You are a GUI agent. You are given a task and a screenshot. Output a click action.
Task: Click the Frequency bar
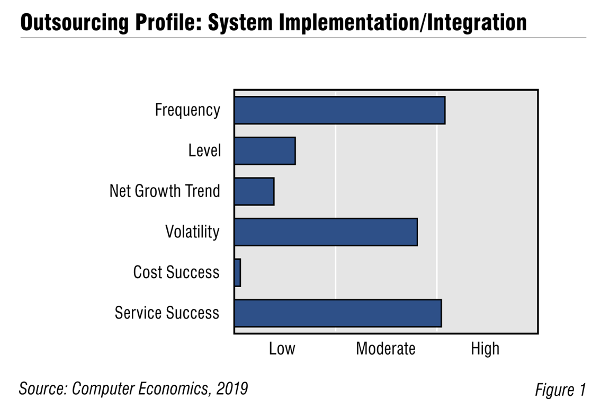(339, 110)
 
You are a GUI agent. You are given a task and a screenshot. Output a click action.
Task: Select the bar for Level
(265, 151)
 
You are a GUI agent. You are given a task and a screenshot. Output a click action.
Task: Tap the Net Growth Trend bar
(254, 191)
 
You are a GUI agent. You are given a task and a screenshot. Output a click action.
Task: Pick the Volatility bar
(326, 232)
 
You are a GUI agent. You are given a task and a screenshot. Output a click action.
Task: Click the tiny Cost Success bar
(238, 272)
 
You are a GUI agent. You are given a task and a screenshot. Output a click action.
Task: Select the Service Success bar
(338, 313)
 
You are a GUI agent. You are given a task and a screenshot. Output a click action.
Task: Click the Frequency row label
(187, 110)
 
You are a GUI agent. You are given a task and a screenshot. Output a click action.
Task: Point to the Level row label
(204, 151)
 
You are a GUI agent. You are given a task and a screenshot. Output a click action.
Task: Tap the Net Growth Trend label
(165, 191)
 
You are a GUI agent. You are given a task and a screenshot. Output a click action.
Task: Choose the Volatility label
(192, 232)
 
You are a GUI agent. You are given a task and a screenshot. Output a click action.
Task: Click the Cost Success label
(176, 272)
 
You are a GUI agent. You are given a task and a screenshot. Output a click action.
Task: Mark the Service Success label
(167, 313)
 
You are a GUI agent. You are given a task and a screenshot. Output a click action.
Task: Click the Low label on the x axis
(282, 349)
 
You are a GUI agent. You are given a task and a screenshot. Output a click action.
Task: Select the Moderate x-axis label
(385, 349)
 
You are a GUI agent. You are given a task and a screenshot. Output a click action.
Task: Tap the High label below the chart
(485, 349)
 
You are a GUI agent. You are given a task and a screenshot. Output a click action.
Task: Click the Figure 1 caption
(560, 390)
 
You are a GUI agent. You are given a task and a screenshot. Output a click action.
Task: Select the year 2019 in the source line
(234, 388)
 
